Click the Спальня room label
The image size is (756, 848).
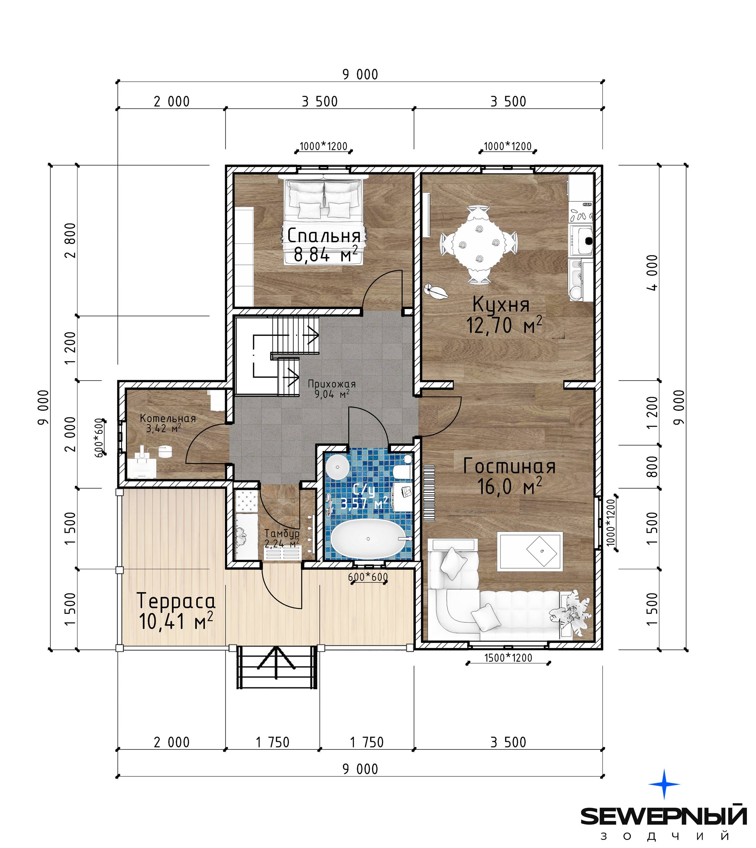pos(324,235)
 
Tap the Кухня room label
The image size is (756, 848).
pos(501,305)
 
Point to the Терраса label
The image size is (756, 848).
pos(176,601)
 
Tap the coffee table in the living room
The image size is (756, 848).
pos(530,552)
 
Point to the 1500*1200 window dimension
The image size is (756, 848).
pos(508,658)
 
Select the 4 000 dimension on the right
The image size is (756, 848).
pos(653,272)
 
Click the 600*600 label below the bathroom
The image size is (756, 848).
pos(368,577)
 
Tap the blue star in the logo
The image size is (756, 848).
pos(664,784)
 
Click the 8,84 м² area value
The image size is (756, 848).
pos(326,254)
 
